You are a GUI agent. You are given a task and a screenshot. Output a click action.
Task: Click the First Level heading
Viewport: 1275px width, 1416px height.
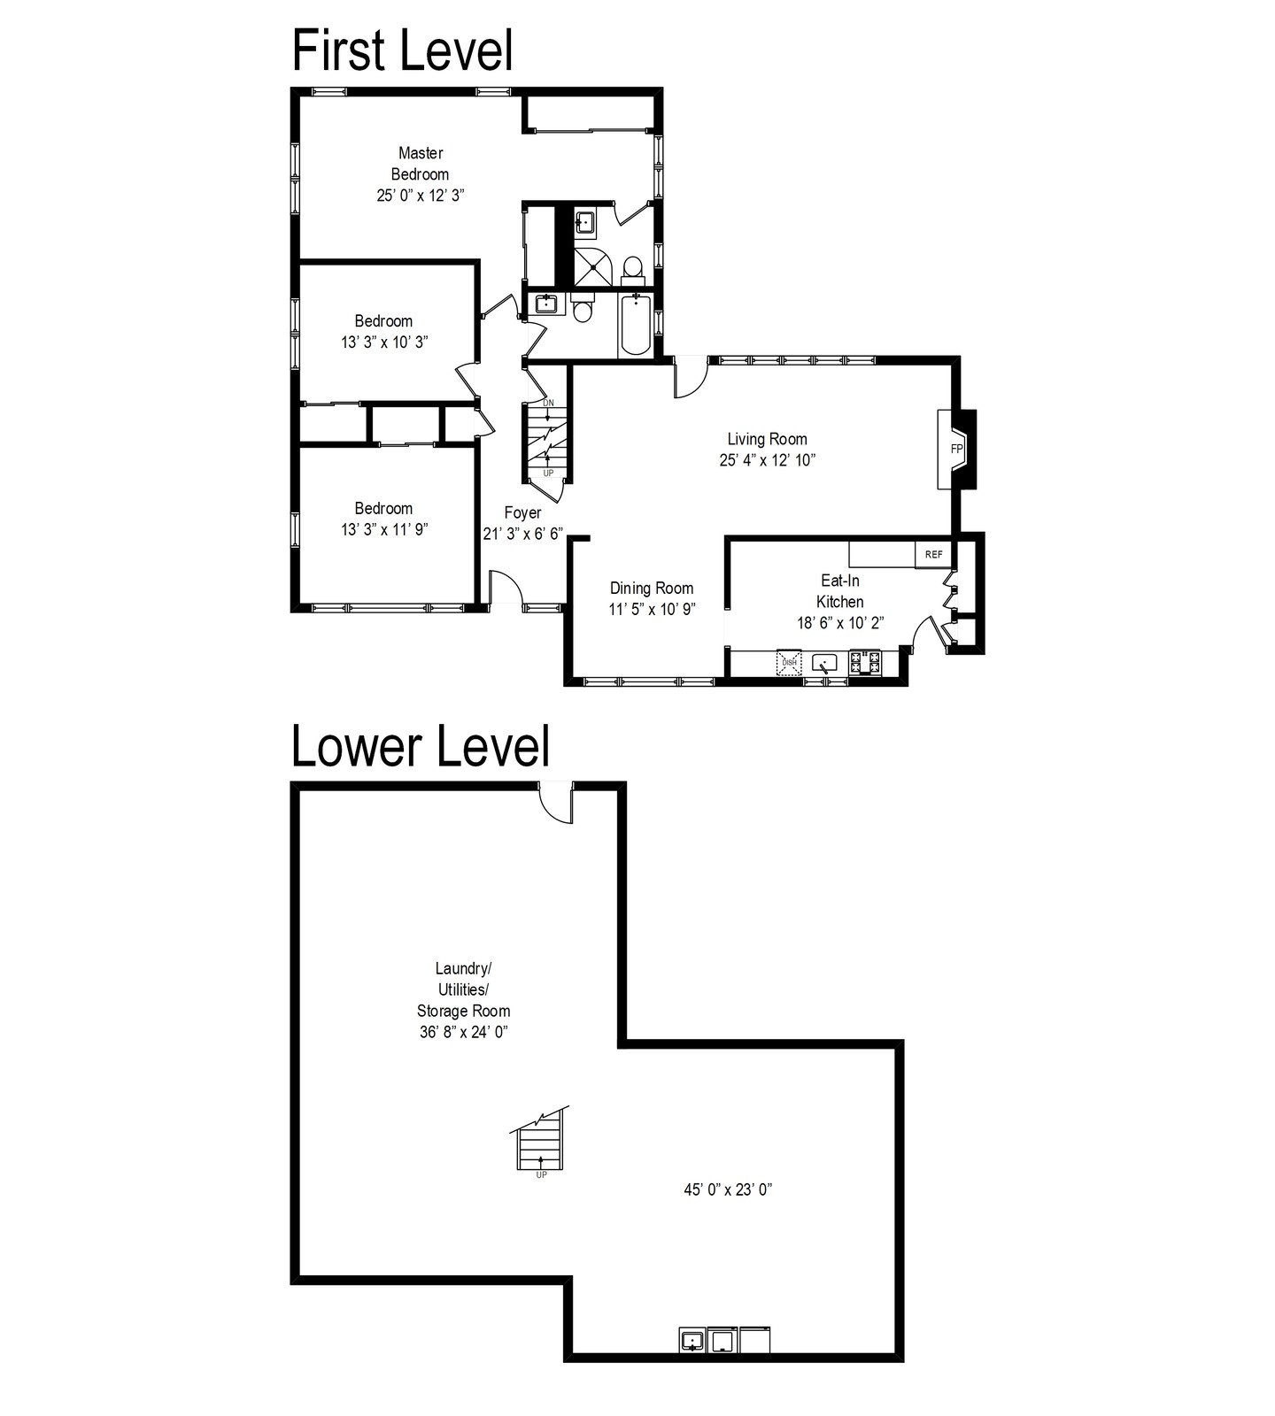click(x=403, y=50)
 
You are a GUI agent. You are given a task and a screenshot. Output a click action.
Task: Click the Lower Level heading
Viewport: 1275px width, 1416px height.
click(x=421, y=746)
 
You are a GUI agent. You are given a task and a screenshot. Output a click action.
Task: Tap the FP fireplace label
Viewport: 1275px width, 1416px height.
click(x=956, y=449)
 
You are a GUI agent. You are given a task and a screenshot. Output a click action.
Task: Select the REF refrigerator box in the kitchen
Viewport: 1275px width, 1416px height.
click(x=934, y=554)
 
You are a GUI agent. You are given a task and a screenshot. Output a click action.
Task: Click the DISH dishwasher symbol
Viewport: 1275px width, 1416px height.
click(x=790, y=662)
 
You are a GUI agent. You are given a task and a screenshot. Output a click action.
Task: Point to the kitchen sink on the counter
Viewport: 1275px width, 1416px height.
click(x=825, y=663)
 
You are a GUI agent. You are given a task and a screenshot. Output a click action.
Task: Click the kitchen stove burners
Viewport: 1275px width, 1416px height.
click(x=865, y=662)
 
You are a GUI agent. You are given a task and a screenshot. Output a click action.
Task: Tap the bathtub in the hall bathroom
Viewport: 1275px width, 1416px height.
click(x=635, y=325)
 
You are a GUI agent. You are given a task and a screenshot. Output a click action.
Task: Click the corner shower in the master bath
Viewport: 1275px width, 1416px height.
click(x=592, y=266)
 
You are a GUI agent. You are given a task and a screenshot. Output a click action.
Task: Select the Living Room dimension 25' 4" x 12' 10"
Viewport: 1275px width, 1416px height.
click(x=767, y=460)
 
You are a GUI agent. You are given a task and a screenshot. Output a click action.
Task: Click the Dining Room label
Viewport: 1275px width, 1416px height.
click(x=652, y=589)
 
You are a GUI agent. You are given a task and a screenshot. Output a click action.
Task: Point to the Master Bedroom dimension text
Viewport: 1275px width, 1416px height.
click(x=421, y=196)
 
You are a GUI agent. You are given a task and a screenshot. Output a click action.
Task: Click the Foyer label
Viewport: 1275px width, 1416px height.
click(x=522, y=512)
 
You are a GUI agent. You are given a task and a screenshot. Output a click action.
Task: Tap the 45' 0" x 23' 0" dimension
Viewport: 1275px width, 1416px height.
click(x=728, y=1189)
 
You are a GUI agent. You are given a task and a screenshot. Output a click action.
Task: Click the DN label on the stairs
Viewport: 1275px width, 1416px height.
click(x=548, y=403)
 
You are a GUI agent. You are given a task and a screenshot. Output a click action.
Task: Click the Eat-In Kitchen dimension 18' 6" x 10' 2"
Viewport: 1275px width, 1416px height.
click(x=840, y=623)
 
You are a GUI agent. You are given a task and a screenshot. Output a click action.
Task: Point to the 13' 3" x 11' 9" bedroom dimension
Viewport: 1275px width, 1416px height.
click(x=384, y=530)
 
